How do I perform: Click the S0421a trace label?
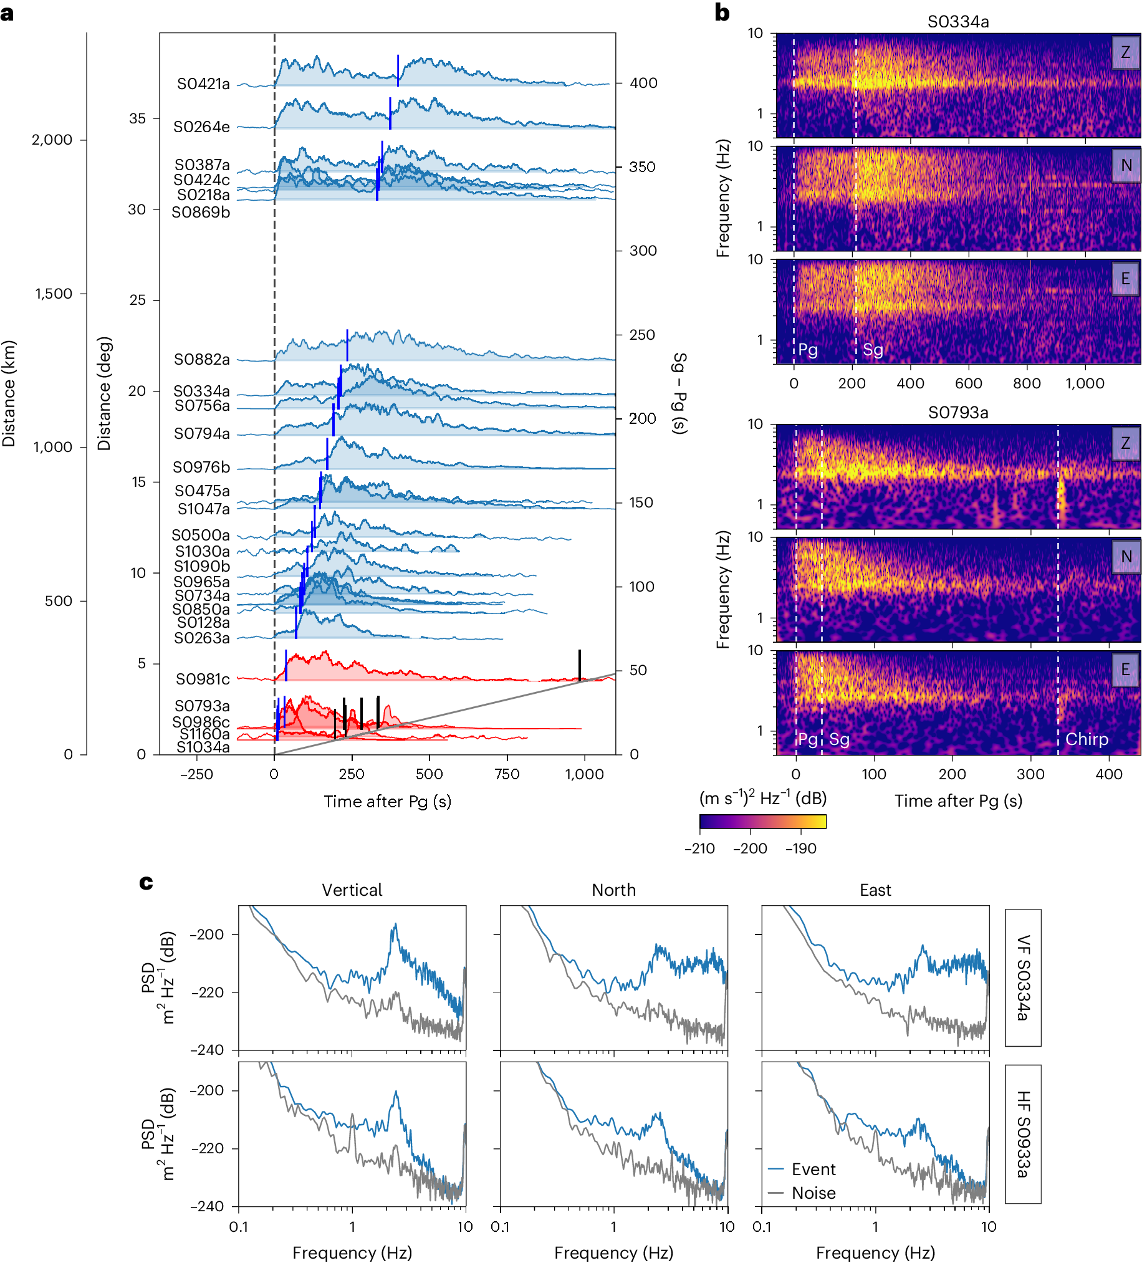point(203,84)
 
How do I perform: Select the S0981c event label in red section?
point(203,679)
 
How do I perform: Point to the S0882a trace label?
point(202,360)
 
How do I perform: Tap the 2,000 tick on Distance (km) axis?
point(52,140)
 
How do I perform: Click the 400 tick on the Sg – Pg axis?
point(643,84)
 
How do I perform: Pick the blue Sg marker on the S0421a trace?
point(398,70)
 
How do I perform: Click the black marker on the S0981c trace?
point(580,665)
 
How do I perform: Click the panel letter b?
point(722,12)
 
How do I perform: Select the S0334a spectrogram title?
point(958,22)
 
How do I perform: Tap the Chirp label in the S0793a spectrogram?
point(1087,739)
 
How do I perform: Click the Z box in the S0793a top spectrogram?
point(1125,444)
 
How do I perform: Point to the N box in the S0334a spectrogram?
point(1126,165)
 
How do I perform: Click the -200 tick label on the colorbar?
point(750,849)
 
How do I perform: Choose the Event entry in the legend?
point(813,1169)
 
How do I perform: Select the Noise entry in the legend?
point(813,1193)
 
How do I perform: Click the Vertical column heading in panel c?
point(352,890)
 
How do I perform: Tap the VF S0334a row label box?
point(1022,978)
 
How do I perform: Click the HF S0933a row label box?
point(1022,1134)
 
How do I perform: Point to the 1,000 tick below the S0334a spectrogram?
point(1085,383)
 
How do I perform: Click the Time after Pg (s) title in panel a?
point(387,802)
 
